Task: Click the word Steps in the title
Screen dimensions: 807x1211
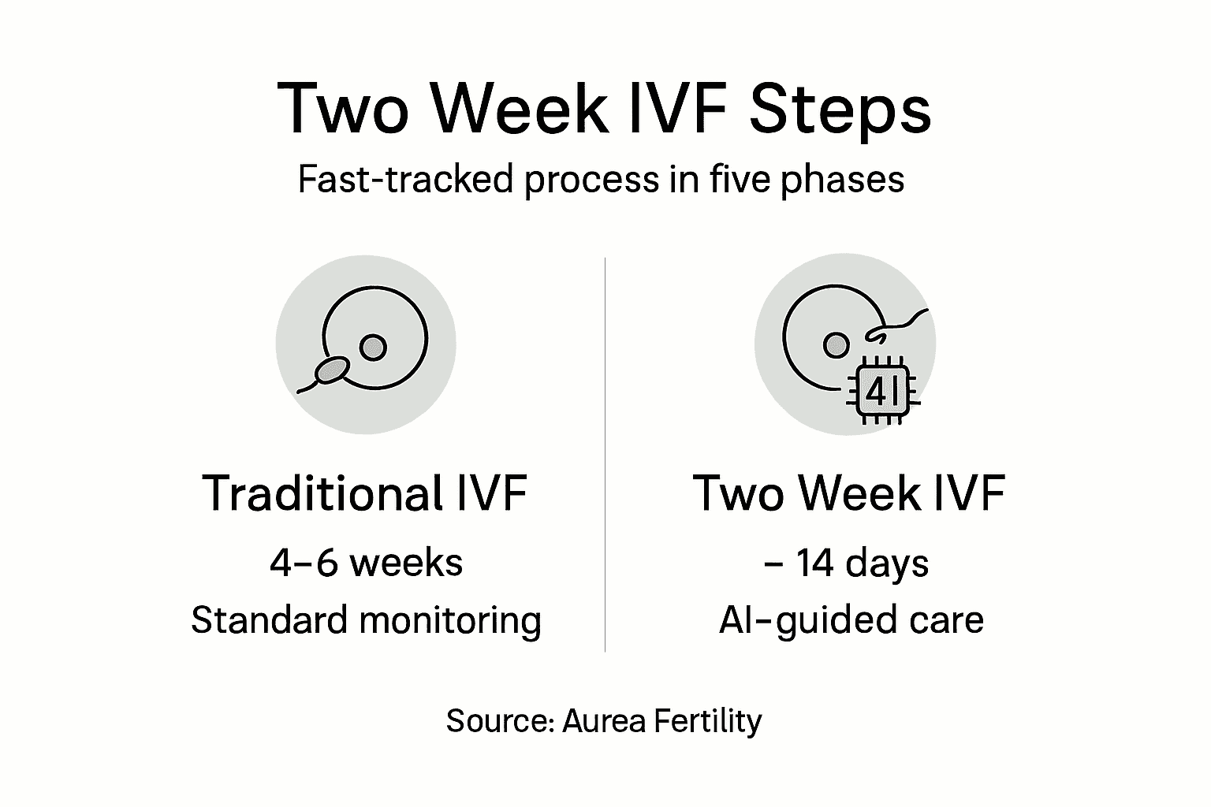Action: pos(840,110)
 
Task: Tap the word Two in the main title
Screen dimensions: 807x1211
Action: pos(344,110)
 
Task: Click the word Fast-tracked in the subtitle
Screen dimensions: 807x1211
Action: pos(405,180)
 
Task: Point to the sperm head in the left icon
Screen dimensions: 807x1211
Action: pos(331,369)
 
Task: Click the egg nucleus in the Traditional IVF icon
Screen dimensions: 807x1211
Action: pos(373,347)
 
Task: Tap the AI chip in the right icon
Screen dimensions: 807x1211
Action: pos(881,392)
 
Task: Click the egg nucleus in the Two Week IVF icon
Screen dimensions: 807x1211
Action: pos(836,345)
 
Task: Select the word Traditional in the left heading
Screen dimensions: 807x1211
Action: pos(322,493)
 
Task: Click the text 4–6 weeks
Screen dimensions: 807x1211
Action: pos(366,563)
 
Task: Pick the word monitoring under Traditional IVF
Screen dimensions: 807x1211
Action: pos(450,621)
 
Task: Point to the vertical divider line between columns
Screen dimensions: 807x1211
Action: pos(605,453)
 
